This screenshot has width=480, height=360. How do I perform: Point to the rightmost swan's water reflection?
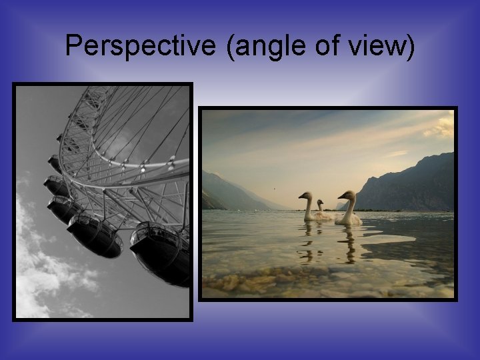pos(349,243)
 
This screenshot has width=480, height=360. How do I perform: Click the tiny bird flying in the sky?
pos(274,188)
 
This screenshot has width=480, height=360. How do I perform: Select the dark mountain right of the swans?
pos(413,187)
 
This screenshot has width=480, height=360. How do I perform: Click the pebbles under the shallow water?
pos(300,280)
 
